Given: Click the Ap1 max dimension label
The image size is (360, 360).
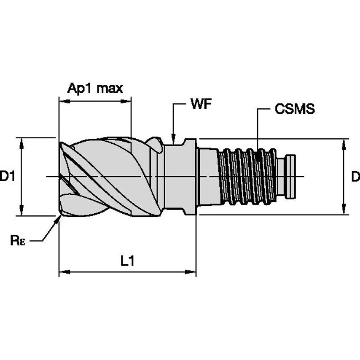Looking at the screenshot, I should pos(95,88).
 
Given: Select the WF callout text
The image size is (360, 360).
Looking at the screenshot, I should pos(201,105).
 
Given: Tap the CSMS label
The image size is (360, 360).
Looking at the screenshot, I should pos(295,109).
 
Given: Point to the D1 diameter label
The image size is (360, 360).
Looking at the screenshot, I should pos(7,176).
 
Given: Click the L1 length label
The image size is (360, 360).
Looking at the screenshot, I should pos(127,261).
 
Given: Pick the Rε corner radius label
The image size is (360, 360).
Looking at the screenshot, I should pos(18,241).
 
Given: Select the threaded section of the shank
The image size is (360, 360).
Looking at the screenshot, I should pos(247,176).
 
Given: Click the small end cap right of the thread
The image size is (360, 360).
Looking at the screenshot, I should pos(291,176).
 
